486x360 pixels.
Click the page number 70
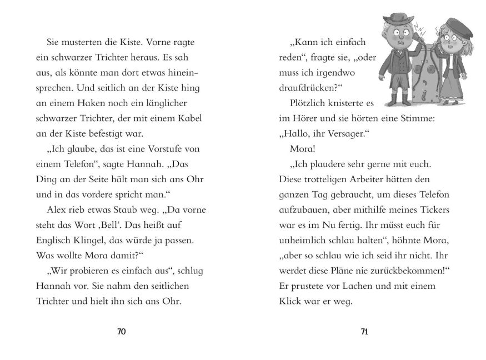click(x=122, y=332)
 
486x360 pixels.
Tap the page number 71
click(x=364, y=332)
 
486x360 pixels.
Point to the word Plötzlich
click(x=312, y=103)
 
